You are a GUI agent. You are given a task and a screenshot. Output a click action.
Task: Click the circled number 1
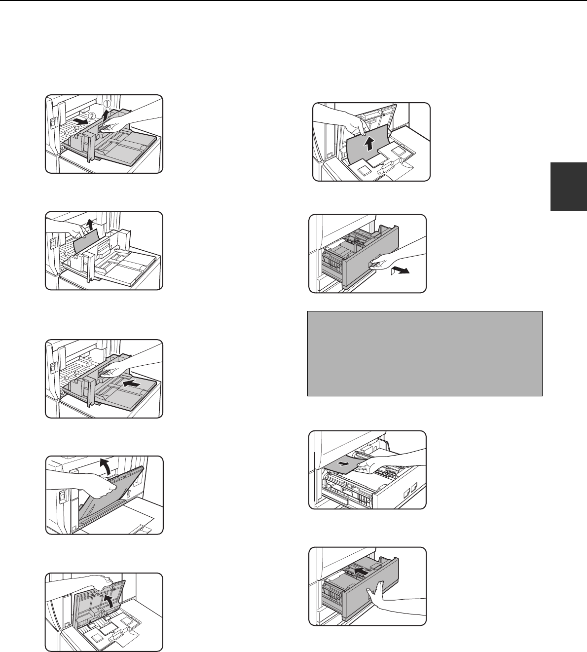(107, 104)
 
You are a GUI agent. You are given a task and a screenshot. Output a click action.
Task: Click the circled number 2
(92, 115)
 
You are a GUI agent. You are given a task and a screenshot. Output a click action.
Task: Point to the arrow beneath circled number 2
(80, 121)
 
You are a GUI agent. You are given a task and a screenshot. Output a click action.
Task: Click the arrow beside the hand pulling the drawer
(400, 271)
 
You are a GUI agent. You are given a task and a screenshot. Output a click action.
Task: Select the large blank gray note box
(425, 353)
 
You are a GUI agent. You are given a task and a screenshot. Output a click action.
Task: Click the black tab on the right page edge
(568, 187)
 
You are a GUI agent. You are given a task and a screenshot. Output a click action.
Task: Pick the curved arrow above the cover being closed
(105, 464)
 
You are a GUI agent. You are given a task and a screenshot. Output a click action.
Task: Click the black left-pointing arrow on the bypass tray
(133, 384)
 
